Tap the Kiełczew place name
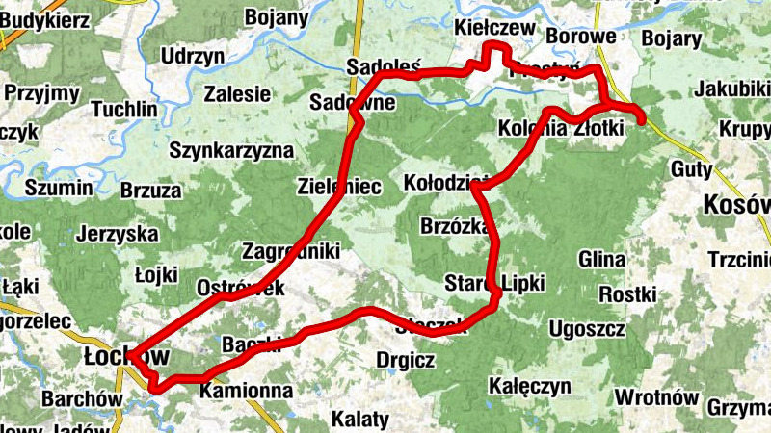pyautogui.click(x=495, y=29)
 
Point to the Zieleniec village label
pyautogui.click(x=340, y=186)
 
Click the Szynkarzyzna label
pyautogui.click(x=231, y=150)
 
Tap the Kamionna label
pyautogui.click(x=246, y=392)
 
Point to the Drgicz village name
pyautogui.click(x=407, y=361)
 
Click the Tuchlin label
pyautogui.click(x=123, y=109)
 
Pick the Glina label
pyautogui.click(x=602, y=260)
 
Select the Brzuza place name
pyautogui.click(x=150, y=190)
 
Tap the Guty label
pyautogui.click(x=691, y=170)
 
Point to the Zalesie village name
pyautogui.click(x=237, y=94)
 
